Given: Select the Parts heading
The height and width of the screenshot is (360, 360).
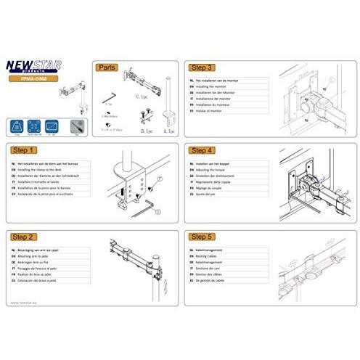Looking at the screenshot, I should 107,66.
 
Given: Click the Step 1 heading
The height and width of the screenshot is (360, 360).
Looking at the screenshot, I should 25,151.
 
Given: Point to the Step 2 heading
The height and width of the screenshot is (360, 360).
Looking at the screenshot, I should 25,237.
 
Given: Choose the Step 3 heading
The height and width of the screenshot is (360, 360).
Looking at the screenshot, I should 200,65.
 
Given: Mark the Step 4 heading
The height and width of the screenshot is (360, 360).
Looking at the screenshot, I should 200,151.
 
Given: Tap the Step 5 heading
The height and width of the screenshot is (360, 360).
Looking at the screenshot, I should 200,237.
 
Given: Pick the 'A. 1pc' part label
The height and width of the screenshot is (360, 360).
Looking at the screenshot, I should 169,132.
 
